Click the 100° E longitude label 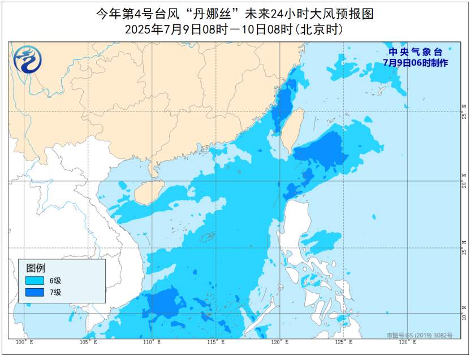24,343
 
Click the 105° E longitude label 89,343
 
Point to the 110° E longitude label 153,343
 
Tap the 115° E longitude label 217,343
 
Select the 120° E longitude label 281,343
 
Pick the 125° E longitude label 344,343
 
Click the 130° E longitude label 408,343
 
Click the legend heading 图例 36,268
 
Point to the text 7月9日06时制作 415,63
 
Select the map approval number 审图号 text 420,336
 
